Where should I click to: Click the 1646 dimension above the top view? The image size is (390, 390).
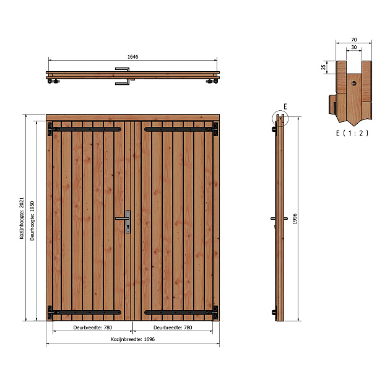point(132,56)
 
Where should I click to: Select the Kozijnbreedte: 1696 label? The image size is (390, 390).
point(132,339)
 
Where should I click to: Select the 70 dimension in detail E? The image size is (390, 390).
point(353,39)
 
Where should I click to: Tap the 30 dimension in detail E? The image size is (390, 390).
point(353,46)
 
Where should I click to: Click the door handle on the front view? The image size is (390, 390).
point(124,219)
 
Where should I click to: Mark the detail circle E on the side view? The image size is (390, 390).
point(280,118)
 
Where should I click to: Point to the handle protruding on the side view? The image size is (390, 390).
point(274,219)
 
